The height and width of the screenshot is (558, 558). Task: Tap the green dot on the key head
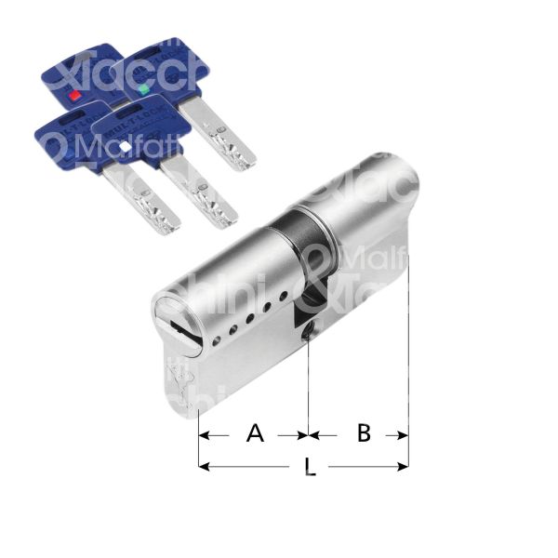[x=142, y=89]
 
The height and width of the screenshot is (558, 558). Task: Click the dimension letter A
[x=254, y=433]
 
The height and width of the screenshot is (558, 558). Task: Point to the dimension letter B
[x=364, y=433]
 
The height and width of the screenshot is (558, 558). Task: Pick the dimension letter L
[x=310, y=468]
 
